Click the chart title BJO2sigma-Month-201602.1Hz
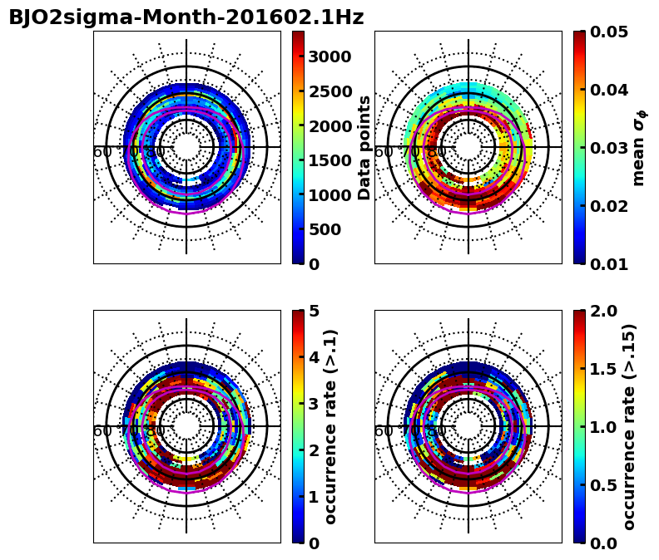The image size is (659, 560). (x=186, y=17)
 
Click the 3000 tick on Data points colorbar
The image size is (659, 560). (x=329, y=56)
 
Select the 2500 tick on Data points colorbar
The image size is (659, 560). (x=329, y=91)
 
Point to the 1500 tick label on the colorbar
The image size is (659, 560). (x=329, y=160)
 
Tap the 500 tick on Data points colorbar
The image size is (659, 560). (x=325, y=229)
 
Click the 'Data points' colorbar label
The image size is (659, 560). (x=364, y=147)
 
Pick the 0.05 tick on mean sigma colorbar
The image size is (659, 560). (x=610, y=32)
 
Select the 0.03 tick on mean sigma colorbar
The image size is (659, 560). (x=610, y=148)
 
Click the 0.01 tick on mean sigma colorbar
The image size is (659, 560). (x=610, y=264)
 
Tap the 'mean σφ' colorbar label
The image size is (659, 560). (x=639, y=147)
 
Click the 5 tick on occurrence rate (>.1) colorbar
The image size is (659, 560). (x=314, y=311)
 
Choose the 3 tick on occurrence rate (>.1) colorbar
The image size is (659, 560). (x=314, y=404)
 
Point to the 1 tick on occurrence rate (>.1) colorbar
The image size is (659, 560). (x=314, y=497)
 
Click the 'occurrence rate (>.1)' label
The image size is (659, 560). (x=331, y=426)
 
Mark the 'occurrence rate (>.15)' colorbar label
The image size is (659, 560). (x=629, y=426)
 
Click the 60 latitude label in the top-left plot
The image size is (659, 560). (x=102, y=152)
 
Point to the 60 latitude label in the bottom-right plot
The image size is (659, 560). (x=384, y=431)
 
